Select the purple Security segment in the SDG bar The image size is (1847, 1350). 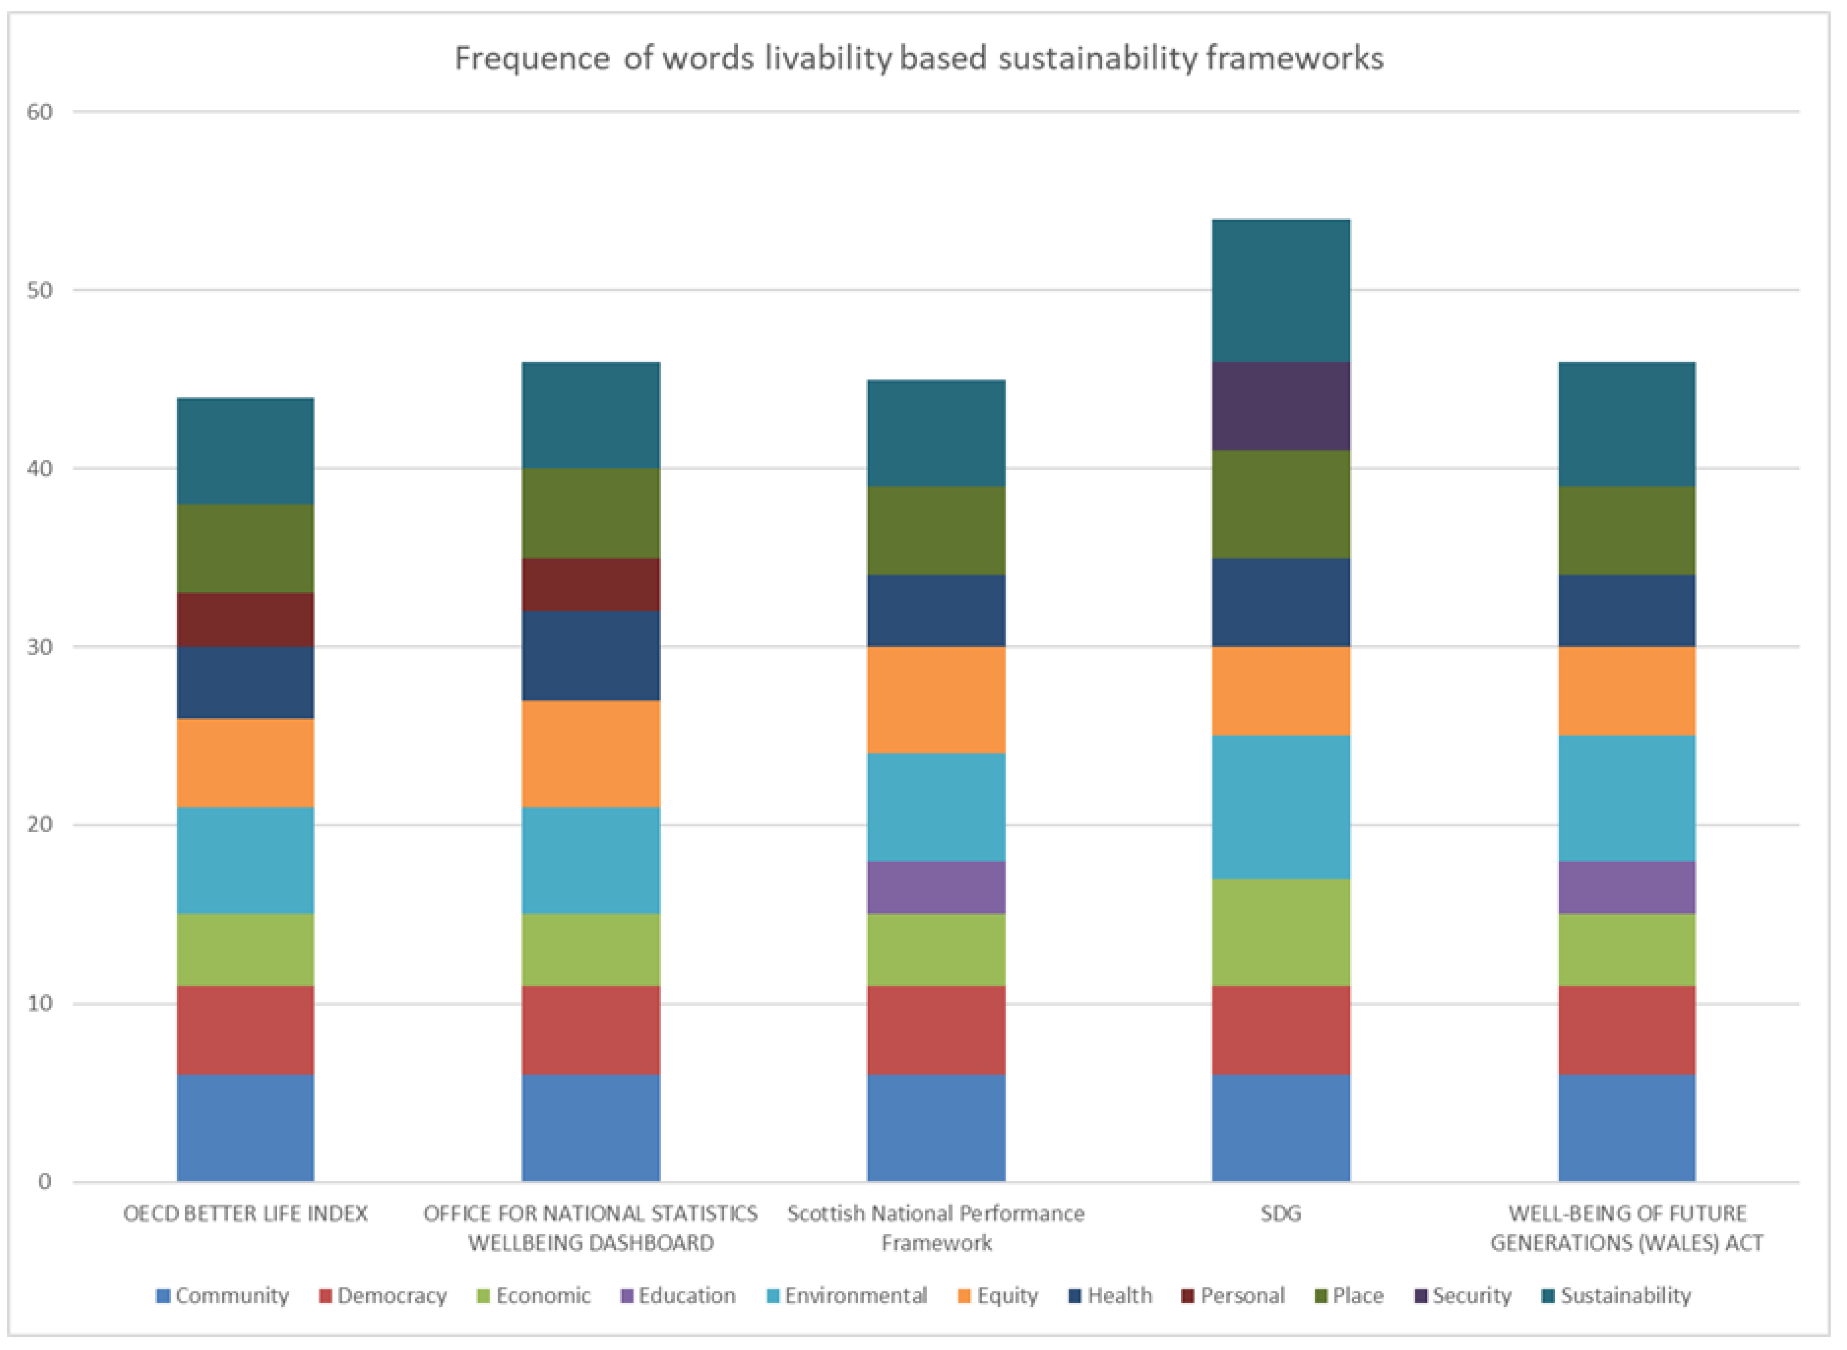1281,406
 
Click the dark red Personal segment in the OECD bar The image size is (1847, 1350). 245,619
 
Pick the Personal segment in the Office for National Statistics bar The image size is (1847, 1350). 591,584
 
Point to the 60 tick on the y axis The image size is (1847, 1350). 39,112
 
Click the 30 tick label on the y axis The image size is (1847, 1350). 39,647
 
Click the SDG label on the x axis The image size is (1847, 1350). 1281,1213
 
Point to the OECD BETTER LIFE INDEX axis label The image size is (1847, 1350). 245,1213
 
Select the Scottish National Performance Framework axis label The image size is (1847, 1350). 936,1227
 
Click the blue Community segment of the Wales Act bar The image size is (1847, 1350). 1626,1128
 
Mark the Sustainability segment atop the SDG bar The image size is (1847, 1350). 1281,291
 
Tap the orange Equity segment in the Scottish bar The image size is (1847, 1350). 936,700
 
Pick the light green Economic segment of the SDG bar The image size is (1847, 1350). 1281,933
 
